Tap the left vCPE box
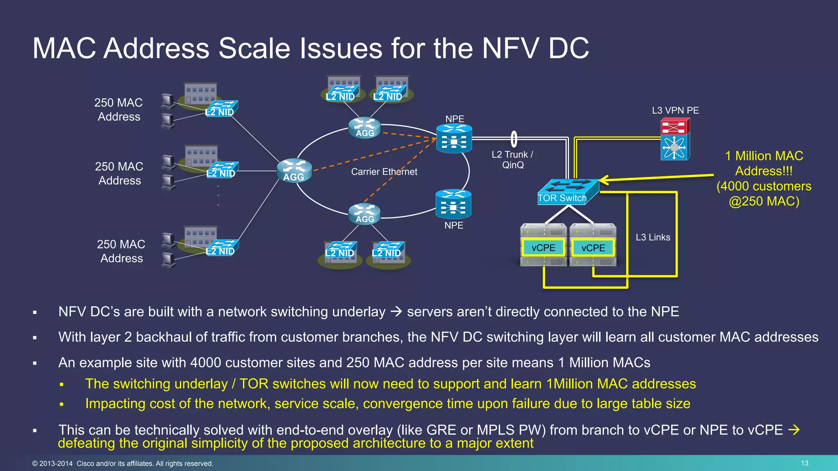[543, 248]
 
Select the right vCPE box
[593, 248]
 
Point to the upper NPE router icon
[454, 139]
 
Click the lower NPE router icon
[453, 204]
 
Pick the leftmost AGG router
[294, 170]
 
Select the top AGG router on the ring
[365, 128]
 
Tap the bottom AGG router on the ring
[365, 214]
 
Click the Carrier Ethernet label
[384, 172]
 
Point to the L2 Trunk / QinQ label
[512, 160]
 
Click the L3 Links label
[653, 237]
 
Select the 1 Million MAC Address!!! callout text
[764, 163]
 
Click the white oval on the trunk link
[514, 139]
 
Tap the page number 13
[804, 463]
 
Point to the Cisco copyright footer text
[123, 464]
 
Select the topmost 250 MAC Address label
[119, 110]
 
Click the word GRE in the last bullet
[441, 430]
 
